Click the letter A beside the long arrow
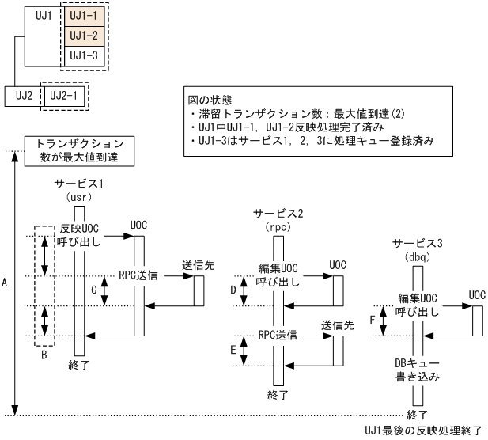6,281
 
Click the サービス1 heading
79,183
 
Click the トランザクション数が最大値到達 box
79,150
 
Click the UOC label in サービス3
476,295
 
